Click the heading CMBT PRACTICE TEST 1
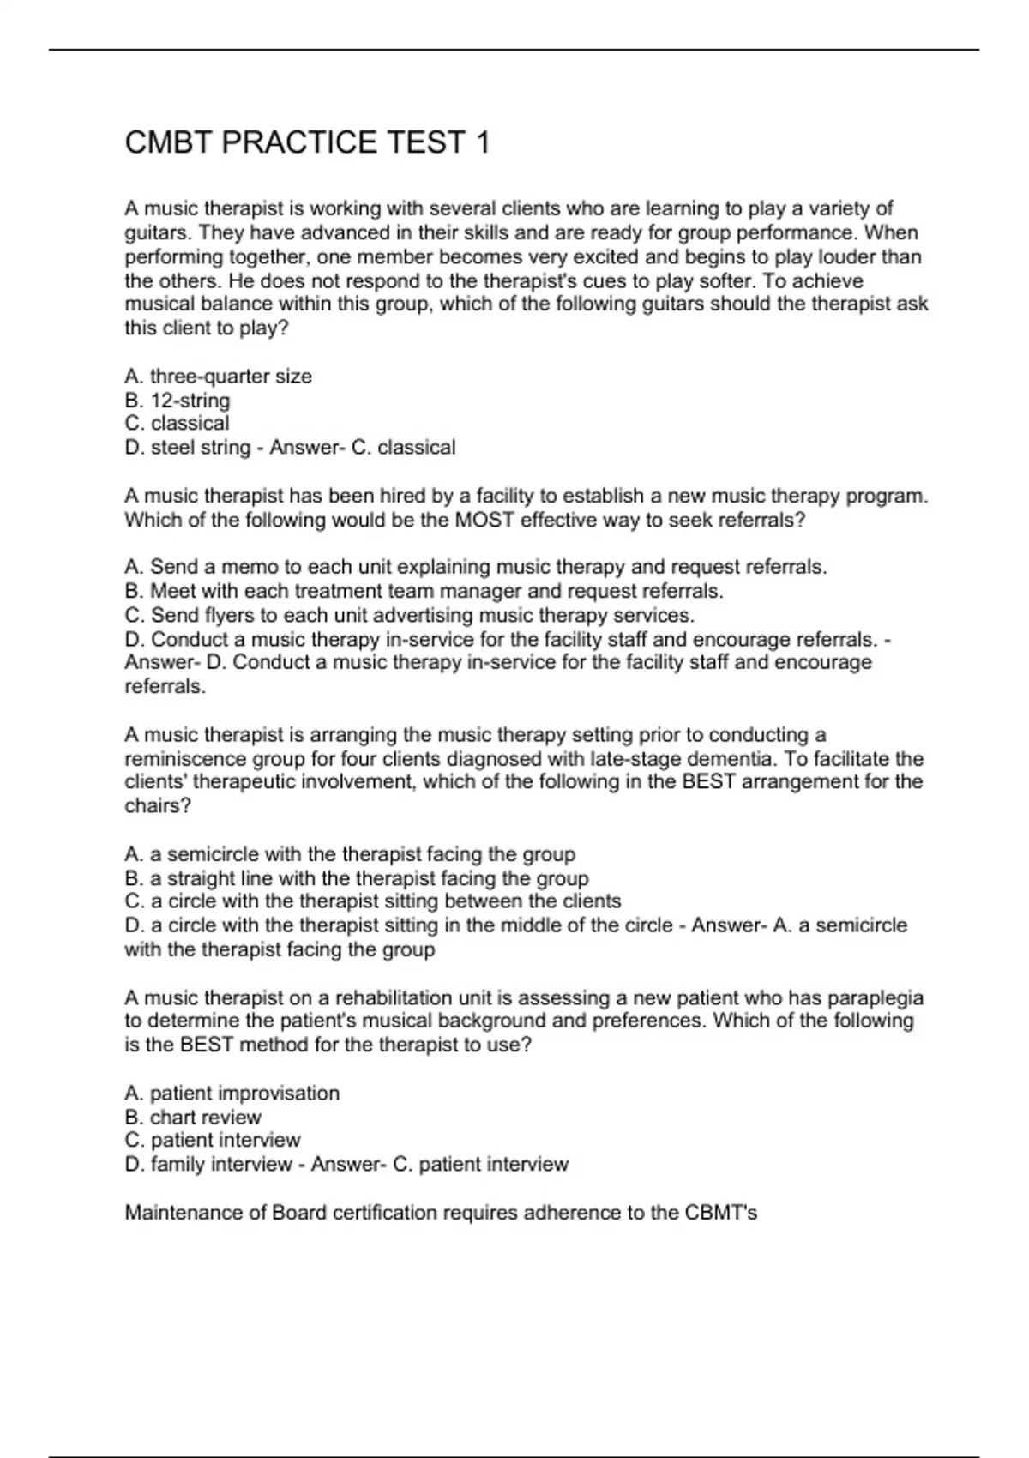[x=307, y=142]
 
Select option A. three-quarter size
[x=218, y=376]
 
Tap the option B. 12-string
[x=178, y=400]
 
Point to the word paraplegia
[x=880, y=997]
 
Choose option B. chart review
[x=193, y=1117]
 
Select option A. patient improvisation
[x=232, y=1093]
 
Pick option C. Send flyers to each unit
[x=409, y=615]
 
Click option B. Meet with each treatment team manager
[x=424, y=591]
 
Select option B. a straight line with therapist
[x=356, y=877]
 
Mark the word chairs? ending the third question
[x=157, y=805]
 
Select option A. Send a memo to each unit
[x=475, y=567]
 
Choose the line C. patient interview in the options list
[x=213, y=1140]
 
